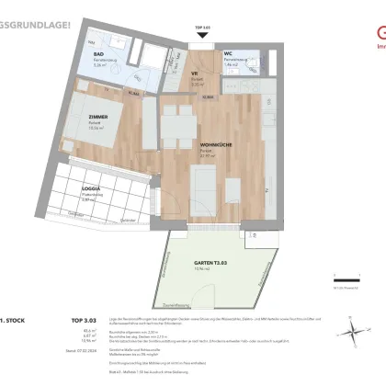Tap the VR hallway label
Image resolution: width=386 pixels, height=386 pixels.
(x=194, y=74)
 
